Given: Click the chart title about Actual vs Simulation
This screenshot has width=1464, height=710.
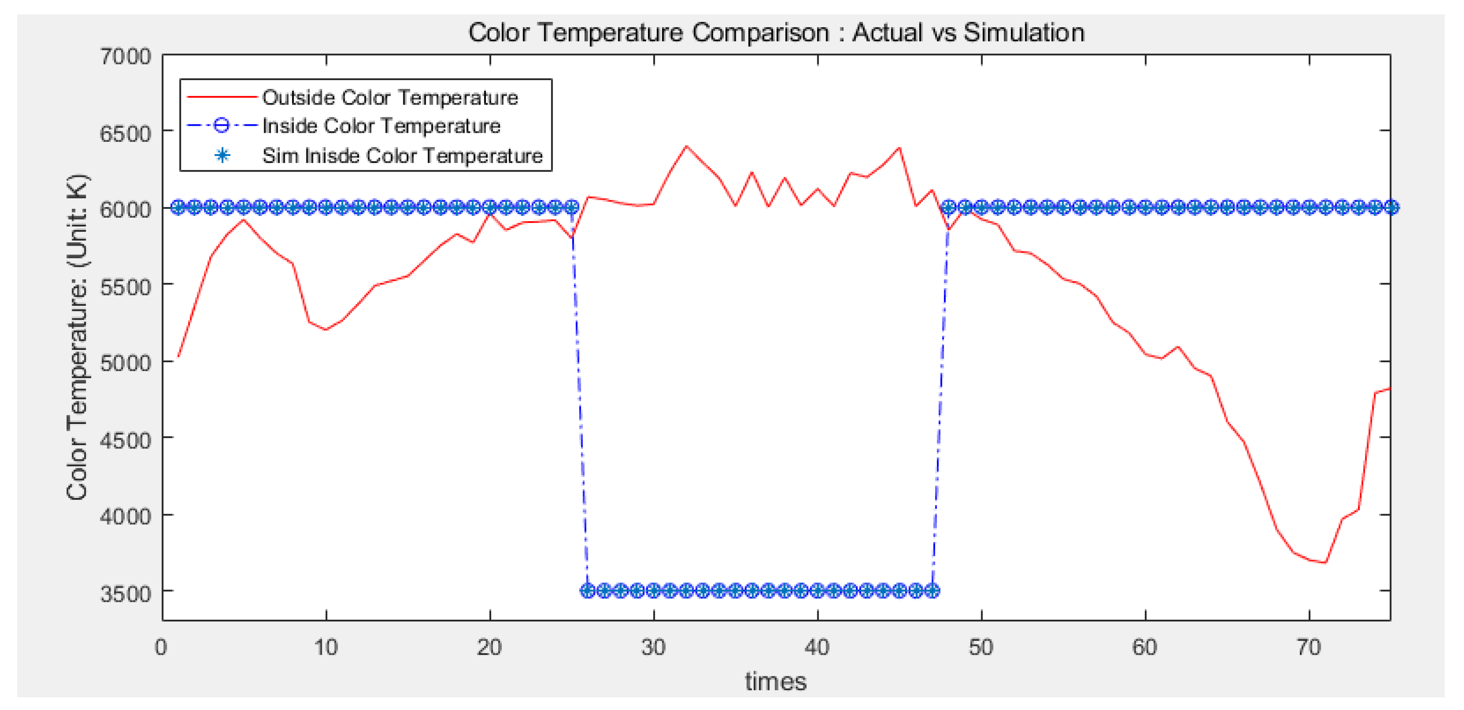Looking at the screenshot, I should coord(776,32).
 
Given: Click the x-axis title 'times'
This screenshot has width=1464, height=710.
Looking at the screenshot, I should coord(776,682).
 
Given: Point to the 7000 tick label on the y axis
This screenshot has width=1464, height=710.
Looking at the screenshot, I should coord(126,56).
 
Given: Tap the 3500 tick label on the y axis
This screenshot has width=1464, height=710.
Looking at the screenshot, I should coord(126,593).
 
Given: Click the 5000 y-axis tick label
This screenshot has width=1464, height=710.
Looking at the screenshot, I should coord(126,362).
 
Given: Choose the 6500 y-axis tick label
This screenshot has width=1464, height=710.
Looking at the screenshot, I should coord(126,134).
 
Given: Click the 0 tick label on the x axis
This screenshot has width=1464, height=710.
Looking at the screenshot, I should coord(162,647).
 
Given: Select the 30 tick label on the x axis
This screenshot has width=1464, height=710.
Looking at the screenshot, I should coord(654,647).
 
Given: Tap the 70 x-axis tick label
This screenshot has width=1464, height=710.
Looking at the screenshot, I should coord(1309,647).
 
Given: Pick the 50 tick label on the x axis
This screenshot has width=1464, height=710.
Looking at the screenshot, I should coord(981,647).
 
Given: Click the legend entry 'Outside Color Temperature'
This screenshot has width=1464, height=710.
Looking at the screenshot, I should coord(390,98).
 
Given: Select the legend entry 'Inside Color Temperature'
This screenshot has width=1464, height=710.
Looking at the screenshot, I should coord(381,126).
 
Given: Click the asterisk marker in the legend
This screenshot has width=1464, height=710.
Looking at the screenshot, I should coord(222,155).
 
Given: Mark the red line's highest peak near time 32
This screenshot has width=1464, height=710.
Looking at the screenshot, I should coord(686,146).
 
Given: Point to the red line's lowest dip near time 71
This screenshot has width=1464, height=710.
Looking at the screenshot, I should coord(1325,563).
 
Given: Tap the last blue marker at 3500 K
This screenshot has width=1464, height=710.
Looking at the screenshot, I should coord(932,590).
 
